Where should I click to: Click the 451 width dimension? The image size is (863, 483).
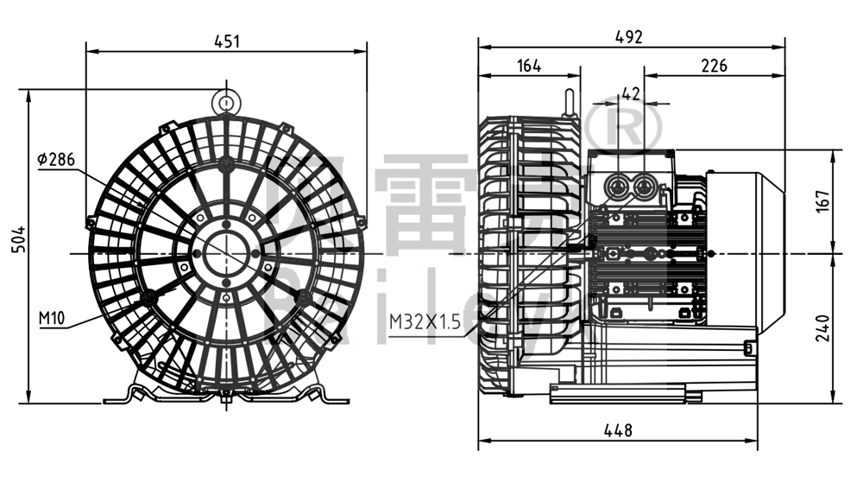pyautogui.click(x=226, y=40)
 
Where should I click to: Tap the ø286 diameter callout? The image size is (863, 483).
pyautogui.click(x=57, y=159)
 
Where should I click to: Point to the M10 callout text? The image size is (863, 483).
pyautogui.click(x=52, y=318)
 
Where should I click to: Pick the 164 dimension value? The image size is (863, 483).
pyautogui.click(x=529, y=65)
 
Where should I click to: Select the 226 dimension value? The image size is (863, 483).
pyautogui.click(x=713, y=65)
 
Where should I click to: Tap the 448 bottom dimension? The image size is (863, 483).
pyautogui.click(x=618, y=429)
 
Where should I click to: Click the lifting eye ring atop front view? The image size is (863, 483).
pyautogui.click(x=225, y=102)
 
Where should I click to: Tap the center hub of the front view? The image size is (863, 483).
pyautogui.click(x=226, y=252)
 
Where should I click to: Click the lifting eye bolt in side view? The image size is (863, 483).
pyautogui.click(x=569, y=100)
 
